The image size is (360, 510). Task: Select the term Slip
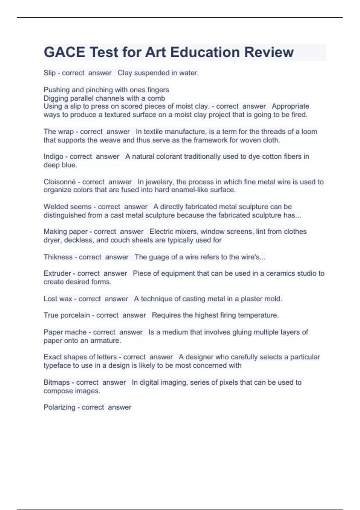click(49, 73)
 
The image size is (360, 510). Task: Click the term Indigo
click(53, 157)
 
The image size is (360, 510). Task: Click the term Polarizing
click(59, 407)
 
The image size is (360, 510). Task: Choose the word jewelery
click(159, 182)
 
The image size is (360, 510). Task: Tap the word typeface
click(57, 365)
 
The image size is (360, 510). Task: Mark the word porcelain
click(75, 315)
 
